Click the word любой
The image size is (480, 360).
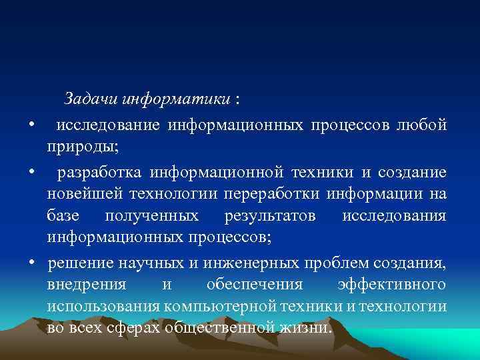pyautogui.click(x=423, y=125)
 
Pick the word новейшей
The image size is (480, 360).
pyautogui.click(x=84, y=194)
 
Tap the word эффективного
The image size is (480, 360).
pyautogui.click(x=391, y=285)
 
